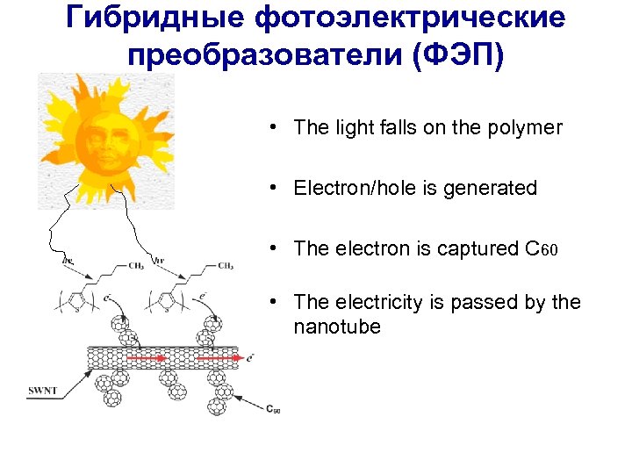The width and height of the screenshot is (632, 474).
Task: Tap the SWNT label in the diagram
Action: point(41,391)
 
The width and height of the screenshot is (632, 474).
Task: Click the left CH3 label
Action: point(137,266)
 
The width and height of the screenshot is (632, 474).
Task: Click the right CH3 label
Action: point(226,266)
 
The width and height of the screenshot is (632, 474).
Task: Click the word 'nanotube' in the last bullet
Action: point(338,327)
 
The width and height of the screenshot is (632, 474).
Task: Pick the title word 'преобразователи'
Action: point(262,54)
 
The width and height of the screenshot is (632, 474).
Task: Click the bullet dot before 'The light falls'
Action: point(275,127)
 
